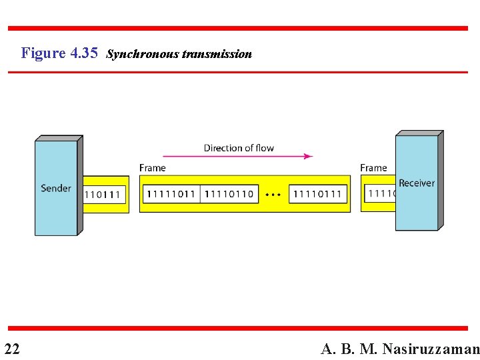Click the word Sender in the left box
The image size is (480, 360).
click(56, 188)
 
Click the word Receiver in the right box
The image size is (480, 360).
click(417, 183)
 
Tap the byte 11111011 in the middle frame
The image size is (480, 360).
click(171, 194)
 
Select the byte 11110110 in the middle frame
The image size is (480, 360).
click(229, 194)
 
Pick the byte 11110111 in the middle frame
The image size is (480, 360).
click(317, 194)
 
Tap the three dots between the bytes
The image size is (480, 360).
click(273, 195)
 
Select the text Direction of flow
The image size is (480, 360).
click(239, 148)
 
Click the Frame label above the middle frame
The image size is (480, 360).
click(153, 168)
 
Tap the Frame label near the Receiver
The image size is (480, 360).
click(373, 168)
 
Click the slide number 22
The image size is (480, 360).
click(11, 348)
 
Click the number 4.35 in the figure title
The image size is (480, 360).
click(83, 53)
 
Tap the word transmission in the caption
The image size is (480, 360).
click(217, 54)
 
